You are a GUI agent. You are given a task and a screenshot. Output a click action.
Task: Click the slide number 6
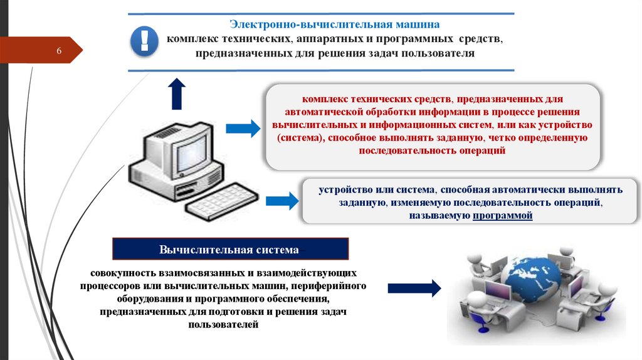coord(58,50)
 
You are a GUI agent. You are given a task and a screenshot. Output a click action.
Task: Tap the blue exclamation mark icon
coord(145,42)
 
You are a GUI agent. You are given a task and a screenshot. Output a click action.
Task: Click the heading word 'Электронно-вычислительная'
coord(288,24)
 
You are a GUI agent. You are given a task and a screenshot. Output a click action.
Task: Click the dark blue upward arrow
coord(177,95)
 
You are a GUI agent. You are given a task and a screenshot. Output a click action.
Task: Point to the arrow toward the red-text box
coord(242,128)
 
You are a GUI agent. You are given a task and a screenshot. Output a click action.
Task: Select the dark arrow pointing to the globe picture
coord(414,289)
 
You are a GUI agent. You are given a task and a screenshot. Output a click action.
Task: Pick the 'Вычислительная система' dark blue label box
coord(230,249)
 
